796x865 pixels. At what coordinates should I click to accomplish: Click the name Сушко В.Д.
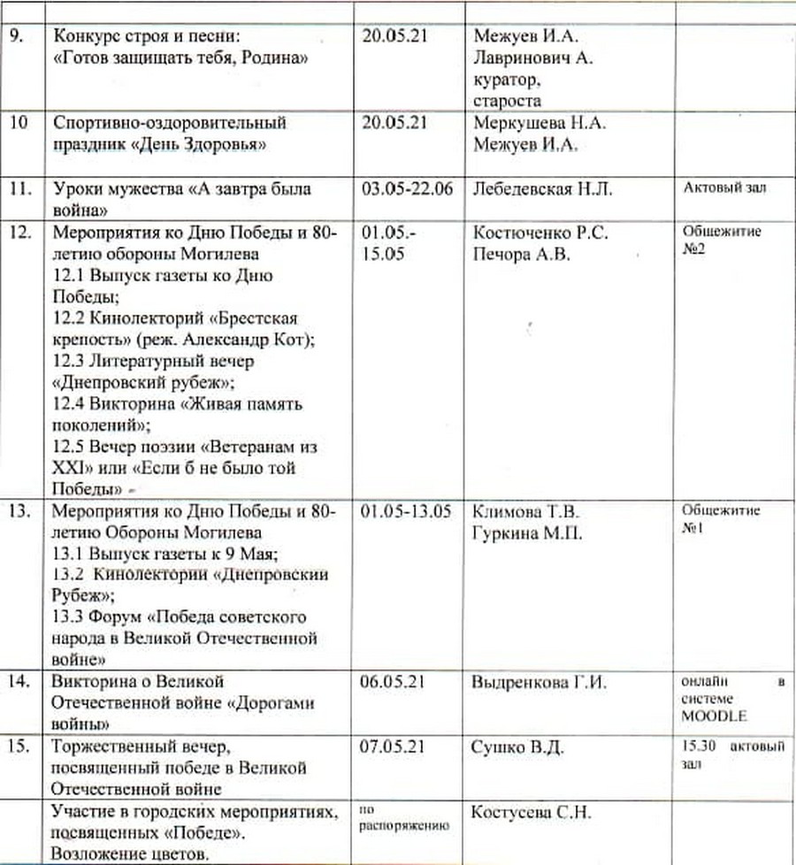pos(518,748)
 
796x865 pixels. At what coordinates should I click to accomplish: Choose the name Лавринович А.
pos(533,60)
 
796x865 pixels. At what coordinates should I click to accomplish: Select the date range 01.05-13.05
pos(408,512)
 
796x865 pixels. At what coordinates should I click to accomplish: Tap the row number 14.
pos(20,682)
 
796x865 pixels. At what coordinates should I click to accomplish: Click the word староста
pos(507,102)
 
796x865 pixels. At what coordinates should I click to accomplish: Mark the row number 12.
pos(20,233)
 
